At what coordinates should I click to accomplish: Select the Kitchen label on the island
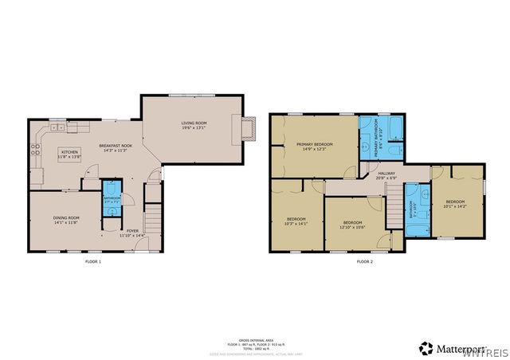click(69, 152)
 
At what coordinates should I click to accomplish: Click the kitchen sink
click(57, 127)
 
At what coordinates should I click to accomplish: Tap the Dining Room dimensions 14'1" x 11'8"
click(65, 223)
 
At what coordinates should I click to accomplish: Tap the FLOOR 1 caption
click(93, 261)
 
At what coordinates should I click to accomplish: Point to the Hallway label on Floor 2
click(386, 174)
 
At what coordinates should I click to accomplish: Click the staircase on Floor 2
click(393, 205)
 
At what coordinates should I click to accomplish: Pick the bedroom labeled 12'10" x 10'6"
click(353, 224)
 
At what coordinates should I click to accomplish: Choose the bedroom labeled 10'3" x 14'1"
click(296, 221)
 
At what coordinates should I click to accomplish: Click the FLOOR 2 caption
click(364, 261)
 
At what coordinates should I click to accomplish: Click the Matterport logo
click(449, 347)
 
